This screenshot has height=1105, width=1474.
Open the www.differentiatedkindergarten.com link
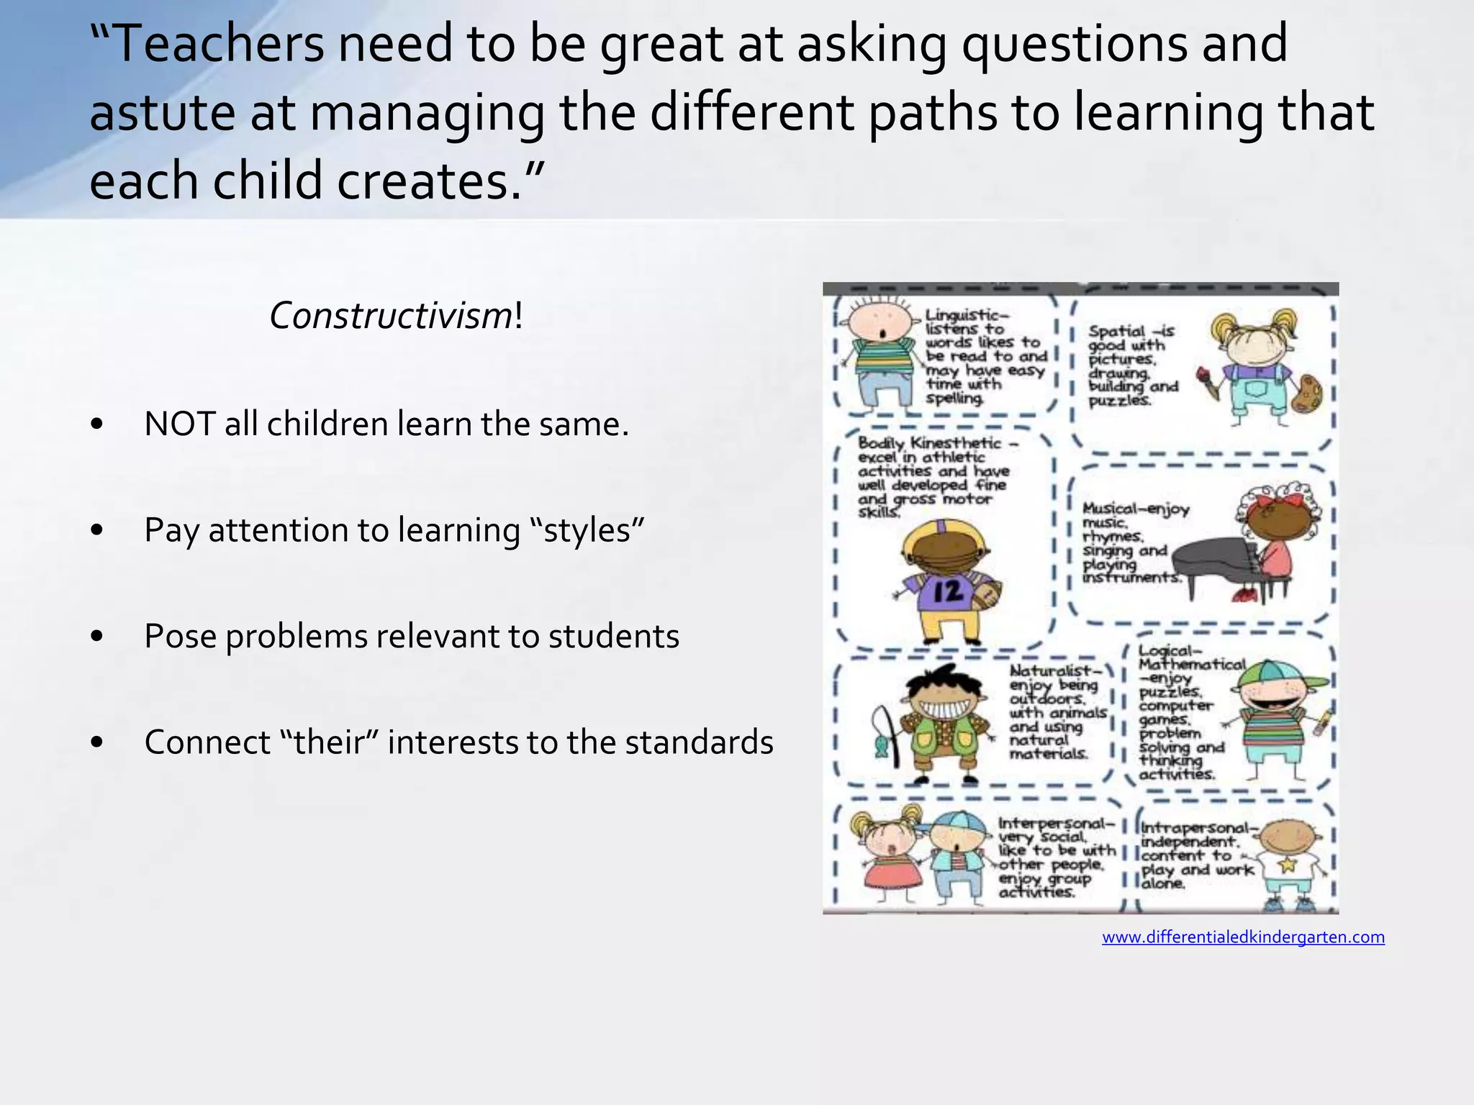pos(1243,937)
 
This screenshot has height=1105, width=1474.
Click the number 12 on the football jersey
pos(948,591)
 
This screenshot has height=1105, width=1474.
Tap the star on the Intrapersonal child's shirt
pos(1287,864)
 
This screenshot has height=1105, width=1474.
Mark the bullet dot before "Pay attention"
pos(98,531)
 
